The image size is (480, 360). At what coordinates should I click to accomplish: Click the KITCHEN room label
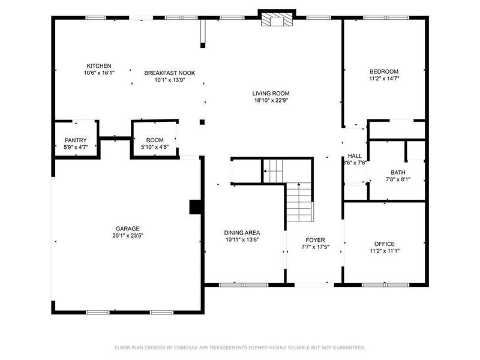coord(99,66)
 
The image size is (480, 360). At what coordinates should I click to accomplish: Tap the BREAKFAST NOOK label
coord(170,73)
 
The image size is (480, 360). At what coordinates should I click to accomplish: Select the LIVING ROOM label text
coord(271,93)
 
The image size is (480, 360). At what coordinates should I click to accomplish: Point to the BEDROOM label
coord(384,71)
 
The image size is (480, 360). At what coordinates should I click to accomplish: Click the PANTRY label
coord(76,140)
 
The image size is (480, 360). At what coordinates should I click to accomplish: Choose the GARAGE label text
coord(128,229)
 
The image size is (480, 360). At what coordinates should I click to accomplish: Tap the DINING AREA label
coord(242,232)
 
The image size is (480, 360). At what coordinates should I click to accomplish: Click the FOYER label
coord(315,240)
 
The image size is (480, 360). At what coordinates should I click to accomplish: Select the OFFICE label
coord(384,244)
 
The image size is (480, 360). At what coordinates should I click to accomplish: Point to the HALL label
coord(355,155)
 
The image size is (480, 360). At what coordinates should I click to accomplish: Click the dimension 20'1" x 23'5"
coord(128,236)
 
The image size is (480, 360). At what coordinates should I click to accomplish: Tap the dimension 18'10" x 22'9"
coord(271,100)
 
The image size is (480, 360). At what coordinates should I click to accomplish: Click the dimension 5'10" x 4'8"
coord(154,147)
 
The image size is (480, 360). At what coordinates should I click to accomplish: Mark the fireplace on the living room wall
coord(277,20)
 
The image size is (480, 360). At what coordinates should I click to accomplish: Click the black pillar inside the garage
coord(195,207)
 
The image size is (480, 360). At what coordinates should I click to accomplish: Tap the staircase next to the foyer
coord(299,201)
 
